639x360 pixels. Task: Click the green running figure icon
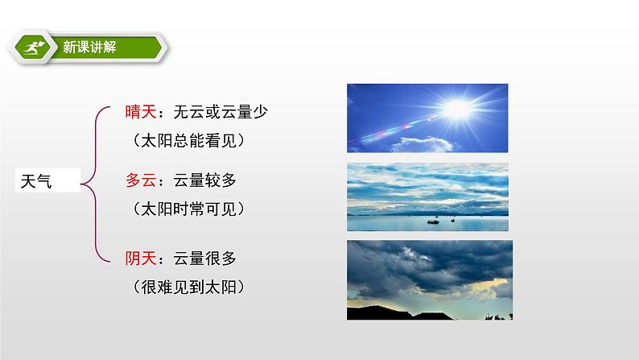(x=33, y=48)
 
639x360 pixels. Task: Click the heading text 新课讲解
(x=89, y=48)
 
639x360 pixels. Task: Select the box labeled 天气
(x=47, y=180)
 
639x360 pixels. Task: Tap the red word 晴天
(x=141, y=112)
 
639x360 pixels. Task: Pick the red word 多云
(x=141, y=180)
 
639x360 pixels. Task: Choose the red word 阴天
(x=141, y=258)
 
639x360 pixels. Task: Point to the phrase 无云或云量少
(x=221, y=112)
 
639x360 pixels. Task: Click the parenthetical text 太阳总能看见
(x=188, y=141)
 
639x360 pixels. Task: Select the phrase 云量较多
(x=204, y=180)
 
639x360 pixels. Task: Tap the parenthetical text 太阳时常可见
(x=188, y=209)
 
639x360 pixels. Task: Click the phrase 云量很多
(x=204, y=258)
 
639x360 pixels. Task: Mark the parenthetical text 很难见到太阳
(x=188, y=287)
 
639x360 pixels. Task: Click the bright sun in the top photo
(x=458, y=109)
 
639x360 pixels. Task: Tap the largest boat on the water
(x=433, y=221)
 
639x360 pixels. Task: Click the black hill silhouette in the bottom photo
(x=399, y=312)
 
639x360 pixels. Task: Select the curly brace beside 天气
(x=96, y=184)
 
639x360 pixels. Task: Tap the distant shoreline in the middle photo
(x=427, y=213)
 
